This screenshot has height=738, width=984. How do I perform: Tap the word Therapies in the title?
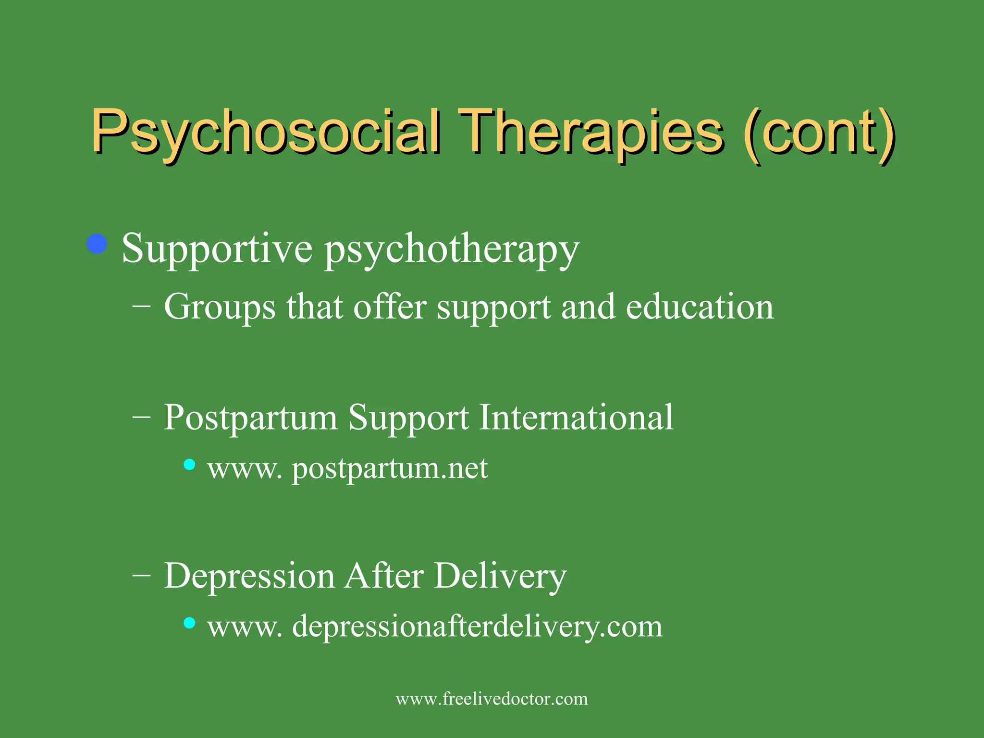point(590,131)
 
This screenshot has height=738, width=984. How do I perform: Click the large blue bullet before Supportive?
point(97,244)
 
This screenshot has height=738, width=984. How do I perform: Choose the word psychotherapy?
point(452,249)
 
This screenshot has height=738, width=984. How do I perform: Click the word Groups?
point(220,307)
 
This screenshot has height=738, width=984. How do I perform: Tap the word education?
point(700,307)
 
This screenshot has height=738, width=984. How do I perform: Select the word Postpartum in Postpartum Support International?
point(250,417)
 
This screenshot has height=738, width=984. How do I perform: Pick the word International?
point(577,417)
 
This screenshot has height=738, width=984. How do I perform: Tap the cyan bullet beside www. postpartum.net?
point(190,464)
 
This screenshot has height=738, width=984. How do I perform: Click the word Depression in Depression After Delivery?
point(249,576)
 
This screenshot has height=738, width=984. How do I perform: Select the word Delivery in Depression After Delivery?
point(500,576)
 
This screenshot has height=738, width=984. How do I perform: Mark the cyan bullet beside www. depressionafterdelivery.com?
point(190,623)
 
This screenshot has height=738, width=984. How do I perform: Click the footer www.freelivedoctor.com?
point(492,699)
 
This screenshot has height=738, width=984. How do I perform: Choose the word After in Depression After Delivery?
point(384,576)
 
